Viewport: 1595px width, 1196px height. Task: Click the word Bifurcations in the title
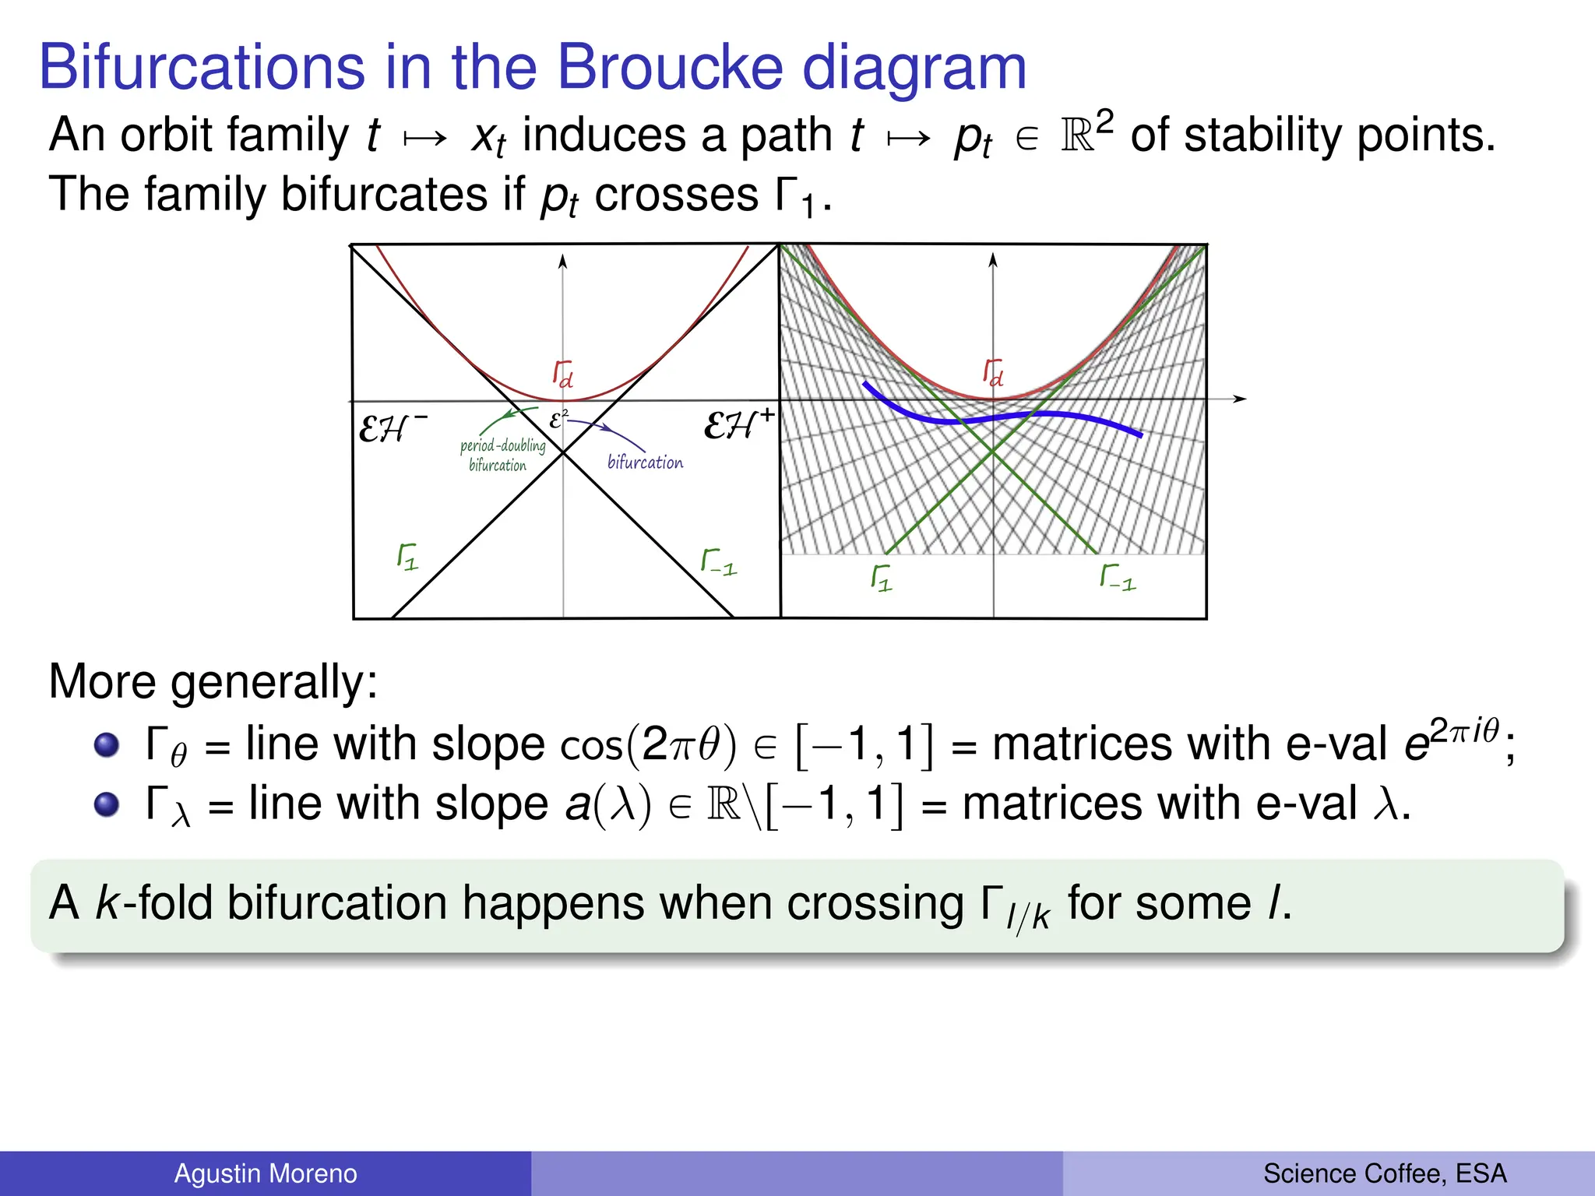coord(202,67)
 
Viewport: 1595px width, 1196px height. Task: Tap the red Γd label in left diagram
coord(563,374)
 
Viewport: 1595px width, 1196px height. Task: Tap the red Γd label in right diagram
coord(993,372)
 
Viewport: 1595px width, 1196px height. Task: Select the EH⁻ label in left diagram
coord(392,428)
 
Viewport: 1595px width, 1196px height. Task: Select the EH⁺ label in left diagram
coord(738,425)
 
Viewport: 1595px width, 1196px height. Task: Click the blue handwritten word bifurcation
coord(645,463)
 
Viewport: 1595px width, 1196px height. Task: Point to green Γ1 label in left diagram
coord(407,558)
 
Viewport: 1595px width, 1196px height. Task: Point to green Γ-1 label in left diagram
coord(718,562)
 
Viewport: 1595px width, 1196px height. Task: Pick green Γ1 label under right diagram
coord(881,579)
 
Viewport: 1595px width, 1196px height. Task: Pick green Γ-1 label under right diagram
coord(1118,578)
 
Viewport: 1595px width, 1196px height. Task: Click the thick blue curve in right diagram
coord(1012,417)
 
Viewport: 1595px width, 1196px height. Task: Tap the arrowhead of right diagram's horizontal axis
coord(1240,399)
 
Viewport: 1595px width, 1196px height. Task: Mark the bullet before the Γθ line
coord(107,744)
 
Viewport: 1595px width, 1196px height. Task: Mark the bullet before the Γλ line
coord(107,804)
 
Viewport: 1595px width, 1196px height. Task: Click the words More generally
coord(213,682)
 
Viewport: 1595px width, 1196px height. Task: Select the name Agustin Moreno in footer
coord(265,1173)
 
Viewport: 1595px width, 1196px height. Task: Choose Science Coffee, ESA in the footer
coord(1385,1173)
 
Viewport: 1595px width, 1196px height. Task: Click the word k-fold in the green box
coord(153,903)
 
